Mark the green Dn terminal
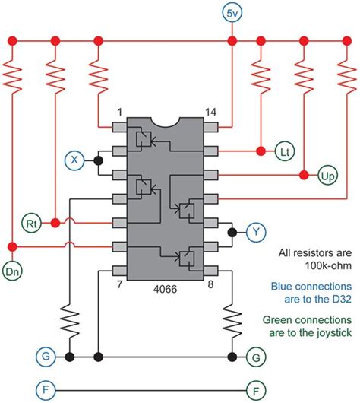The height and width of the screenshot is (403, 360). pyautogui.click(x=12, y=269)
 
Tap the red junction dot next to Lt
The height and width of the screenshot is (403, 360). pyautogui.click(x=261, y=152)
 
